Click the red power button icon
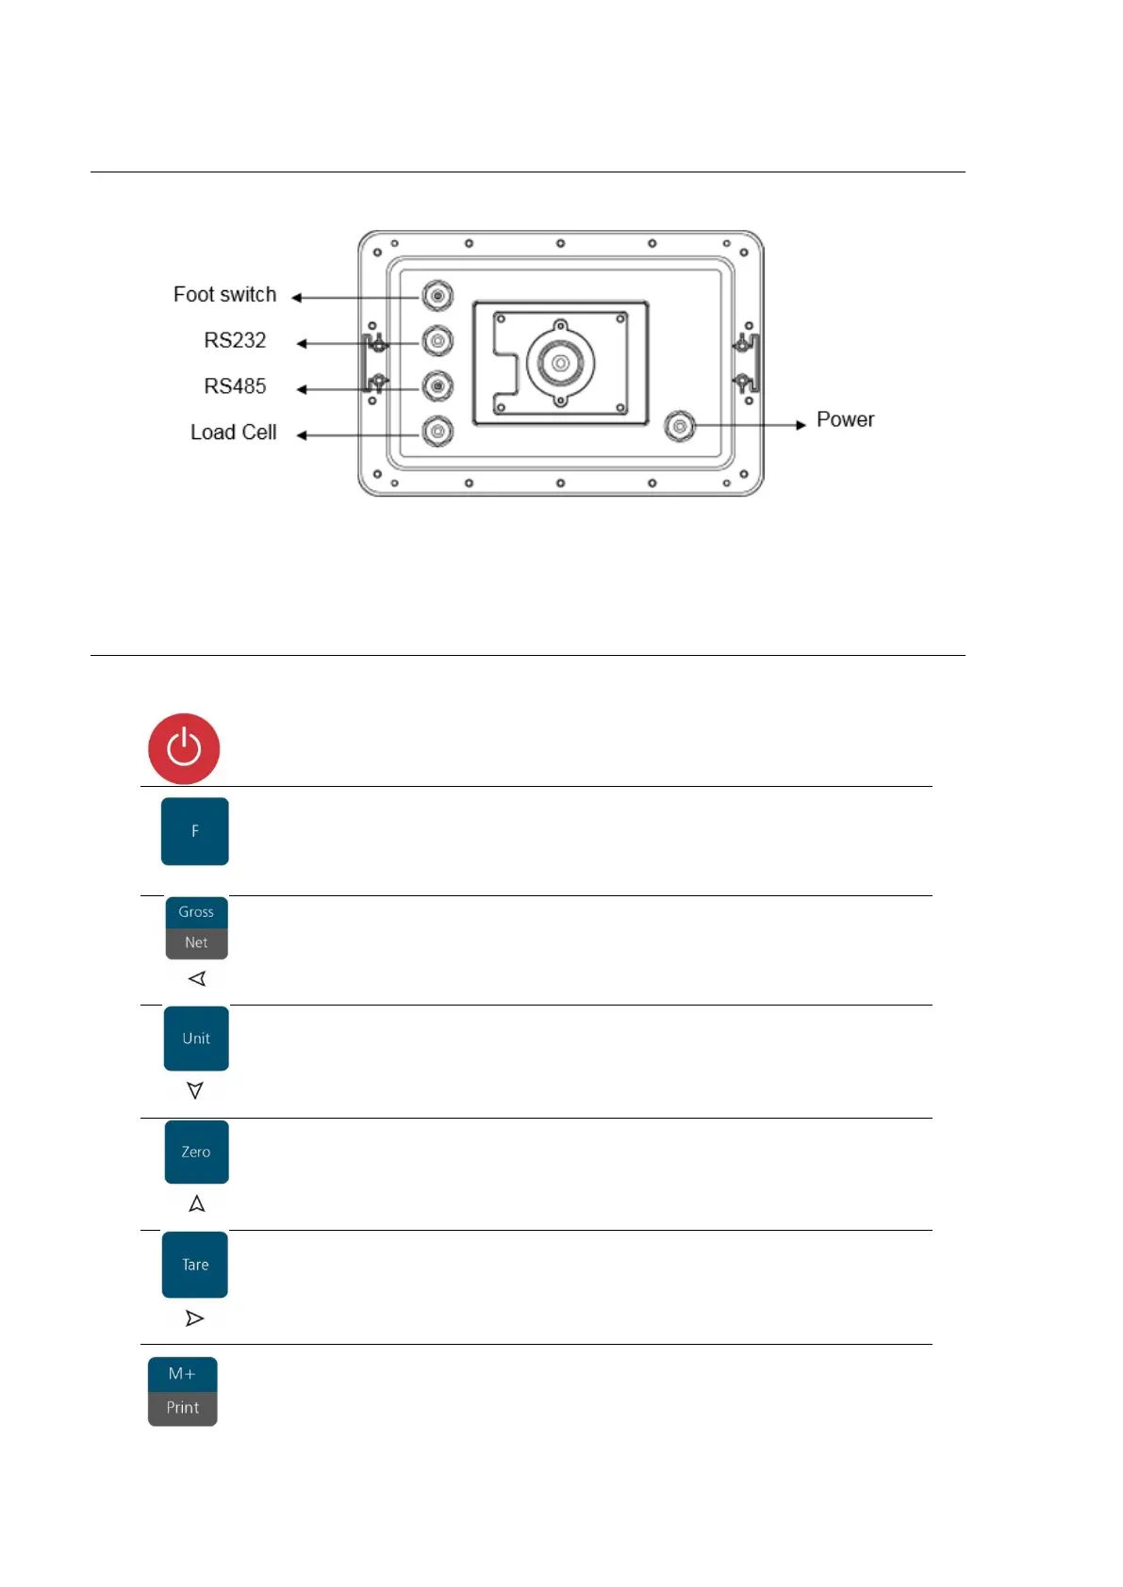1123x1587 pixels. click(x=184, y=749)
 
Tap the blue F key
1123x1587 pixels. click(x=195, y=831)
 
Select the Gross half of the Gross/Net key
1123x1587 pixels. click(x=196, y=912)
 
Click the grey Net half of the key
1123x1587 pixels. click(x=196, y=943)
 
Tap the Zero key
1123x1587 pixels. click(x=196, y=1152)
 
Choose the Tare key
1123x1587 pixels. click(x=195, y=1265)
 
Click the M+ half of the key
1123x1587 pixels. click(x=182, y=1374)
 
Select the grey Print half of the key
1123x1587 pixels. click(x=182, y=1408)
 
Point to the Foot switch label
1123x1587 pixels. click(x=224, y=295)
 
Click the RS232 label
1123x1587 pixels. click(x=235, y=340)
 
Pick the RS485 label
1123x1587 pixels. click(x=235, y=386)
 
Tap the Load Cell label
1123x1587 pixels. click(x=233, y=433)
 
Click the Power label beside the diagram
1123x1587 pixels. click(x=845, y=419)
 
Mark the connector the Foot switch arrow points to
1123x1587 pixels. click(x=438, y=296)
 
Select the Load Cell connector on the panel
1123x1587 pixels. click(x=438, y=432)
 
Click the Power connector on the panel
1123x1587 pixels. click(x=679, y=426)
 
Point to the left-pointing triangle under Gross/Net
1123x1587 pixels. click(x=196, y=979)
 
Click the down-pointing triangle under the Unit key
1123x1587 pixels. click(x=195, y=1090)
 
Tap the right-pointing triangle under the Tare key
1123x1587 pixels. click(x=194, y=1318)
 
